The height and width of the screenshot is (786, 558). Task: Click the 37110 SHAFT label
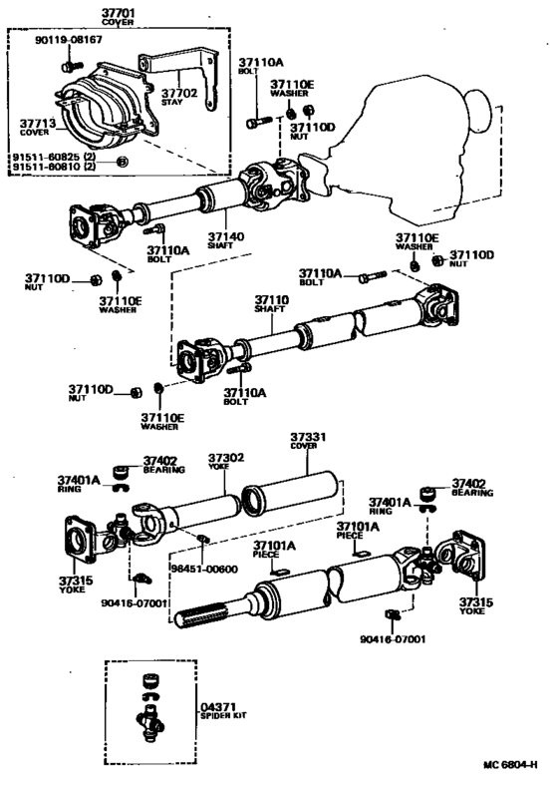coord(270,302)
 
